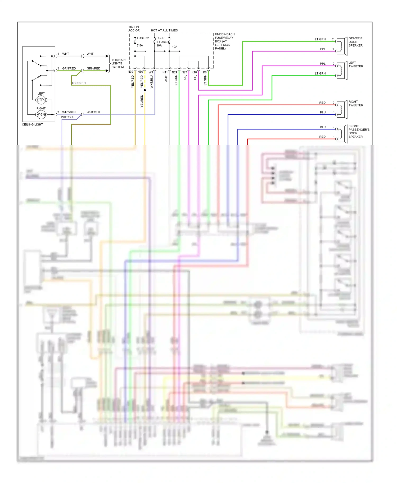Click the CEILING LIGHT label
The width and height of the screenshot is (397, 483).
click(32, 124)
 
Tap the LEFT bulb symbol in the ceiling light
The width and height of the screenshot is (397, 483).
click(41, 100)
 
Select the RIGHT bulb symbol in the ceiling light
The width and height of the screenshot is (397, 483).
click(41, 114)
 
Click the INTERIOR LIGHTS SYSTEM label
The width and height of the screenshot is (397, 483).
click(118, 63)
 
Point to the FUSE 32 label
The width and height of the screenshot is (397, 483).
click(143, 38)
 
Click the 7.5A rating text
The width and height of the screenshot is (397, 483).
click(140, 45)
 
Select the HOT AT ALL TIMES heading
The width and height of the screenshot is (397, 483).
click(164, 30)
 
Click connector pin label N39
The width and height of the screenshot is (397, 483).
click(130, 72)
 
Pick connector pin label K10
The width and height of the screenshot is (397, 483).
click(194, 72)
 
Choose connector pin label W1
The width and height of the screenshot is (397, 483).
click(151, 72)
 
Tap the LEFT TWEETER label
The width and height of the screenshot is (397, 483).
click(356, 64)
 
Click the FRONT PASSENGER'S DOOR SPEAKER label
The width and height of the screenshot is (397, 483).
click(359, 131)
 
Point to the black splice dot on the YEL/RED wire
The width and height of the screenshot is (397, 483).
click(145, 90)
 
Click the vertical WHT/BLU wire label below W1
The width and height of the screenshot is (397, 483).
click(152, 82)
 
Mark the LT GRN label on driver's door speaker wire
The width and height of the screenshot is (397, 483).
click(320, 39)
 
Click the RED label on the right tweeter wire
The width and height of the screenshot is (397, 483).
click(322, 103)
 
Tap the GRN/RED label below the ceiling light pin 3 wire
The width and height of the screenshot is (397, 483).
click(79, 83)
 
